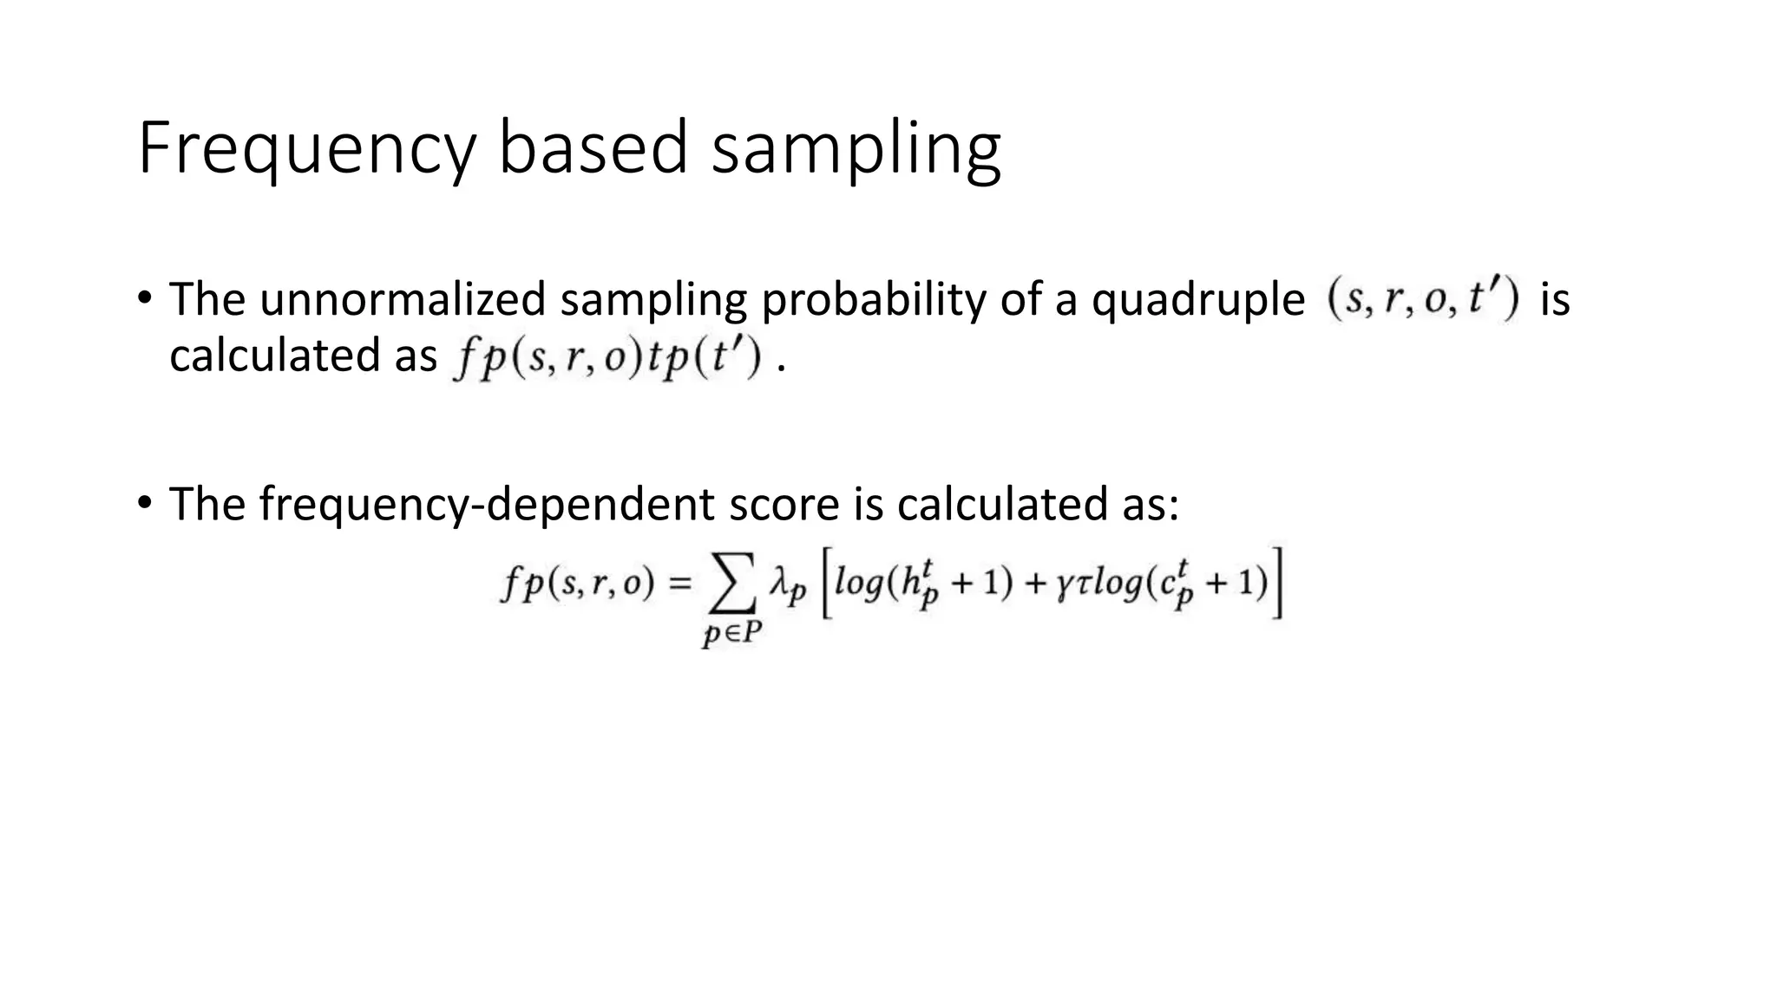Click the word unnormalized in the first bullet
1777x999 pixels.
pyautogui.click(x=403, y=299)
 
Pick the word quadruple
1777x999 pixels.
pyautogui.click(x=1197, y=301)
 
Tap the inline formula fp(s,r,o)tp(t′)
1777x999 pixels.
pyautogui.click(x=607, y=357)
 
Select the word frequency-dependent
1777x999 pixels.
pyautogui.click(x=488, y=504)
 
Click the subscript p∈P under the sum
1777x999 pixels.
pyautogui.click(x=731, y=636)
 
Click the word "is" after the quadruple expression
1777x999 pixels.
pyautogui.click(x=1555, y=299)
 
